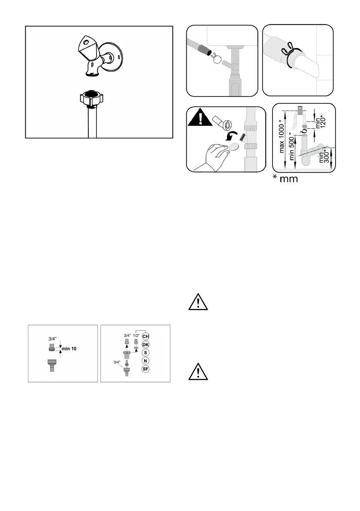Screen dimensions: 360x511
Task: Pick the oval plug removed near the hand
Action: tap(234, 148)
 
